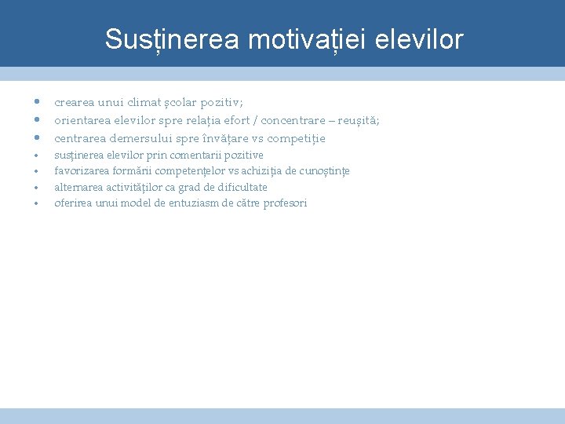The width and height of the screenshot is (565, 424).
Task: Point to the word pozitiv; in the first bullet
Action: click(222, 102)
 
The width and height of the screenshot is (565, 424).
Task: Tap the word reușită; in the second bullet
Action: click(359, 120)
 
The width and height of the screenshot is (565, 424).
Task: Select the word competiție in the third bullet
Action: click(297, 138)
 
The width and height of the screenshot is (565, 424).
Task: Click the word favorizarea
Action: click(81, 171)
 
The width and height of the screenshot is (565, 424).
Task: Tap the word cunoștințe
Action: click(327, 171)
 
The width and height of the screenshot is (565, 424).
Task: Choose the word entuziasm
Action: click(192, 203)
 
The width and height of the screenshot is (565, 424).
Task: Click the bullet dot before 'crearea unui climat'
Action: click(37, 102)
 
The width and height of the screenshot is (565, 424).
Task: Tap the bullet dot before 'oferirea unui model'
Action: click(37, 203)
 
